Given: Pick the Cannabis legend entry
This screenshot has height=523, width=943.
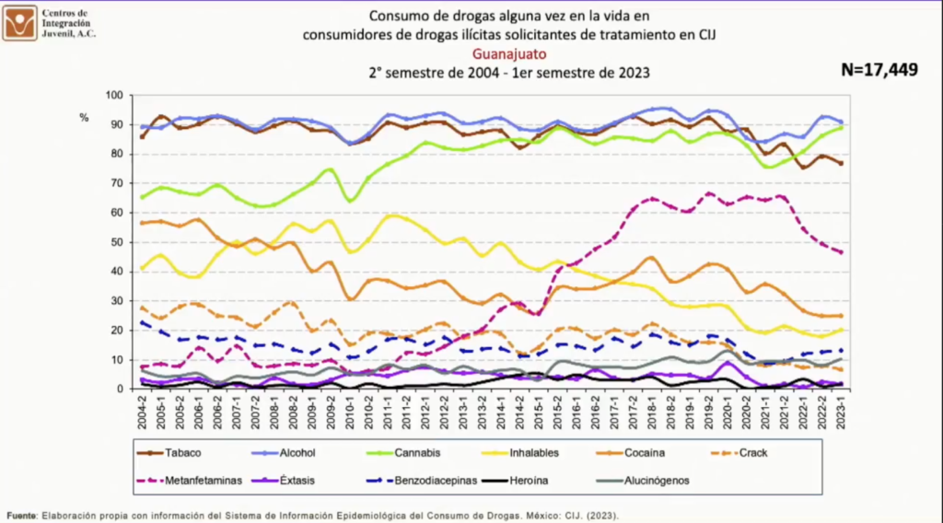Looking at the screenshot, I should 417,453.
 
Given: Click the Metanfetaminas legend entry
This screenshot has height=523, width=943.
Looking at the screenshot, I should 202,480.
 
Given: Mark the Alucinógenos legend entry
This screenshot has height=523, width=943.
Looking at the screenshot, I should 657,480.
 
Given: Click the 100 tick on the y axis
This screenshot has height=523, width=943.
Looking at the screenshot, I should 113,95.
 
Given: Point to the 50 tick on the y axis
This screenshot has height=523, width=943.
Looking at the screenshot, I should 116,242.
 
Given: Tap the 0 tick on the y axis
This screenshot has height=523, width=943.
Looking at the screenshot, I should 120,389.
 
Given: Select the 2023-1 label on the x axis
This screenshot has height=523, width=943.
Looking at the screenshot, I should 842,413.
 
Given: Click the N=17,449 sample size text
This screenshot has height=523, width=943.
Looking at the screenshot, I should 879,70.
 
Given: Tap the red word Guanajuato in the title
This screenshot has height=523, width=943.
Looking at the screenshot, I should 508,53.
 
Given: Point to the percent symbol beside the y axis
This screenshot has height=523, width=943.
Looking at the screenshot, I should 84,117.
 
